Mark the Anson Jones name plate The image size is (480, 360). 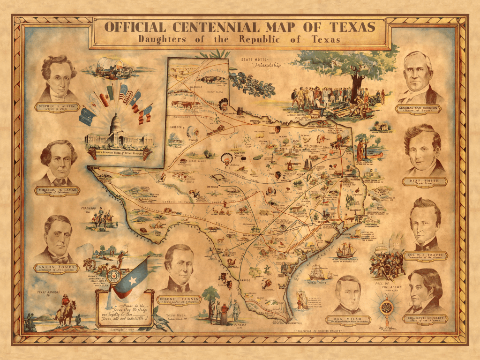(x=57, y=269)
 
